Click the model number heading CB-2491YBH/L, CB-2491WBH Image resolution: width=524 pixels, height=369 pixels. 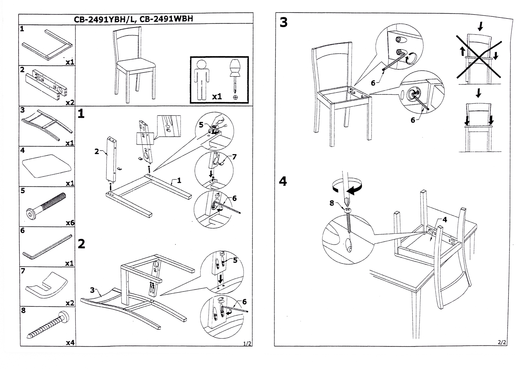click(133, 19)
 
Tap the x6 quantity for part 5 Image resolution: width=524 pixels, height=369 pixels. click(70, 223)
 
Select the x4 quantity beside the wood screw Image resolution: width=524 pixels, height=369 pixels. click(70, 342)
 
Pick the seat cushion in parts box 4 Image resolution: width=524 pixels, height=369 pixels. click(46, 166)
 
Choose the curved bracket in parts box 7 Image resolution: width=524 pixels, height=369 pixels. click(45, 286)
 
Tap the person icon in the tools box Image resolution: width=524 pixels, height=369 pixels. click(202, 80)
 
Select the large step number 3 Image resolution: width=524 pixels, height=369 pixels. click(284, 22)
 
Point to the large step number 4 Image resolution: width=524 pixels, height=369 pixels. click(283, 181)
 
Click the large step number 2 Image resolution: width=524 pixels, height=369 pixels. click(81, 244)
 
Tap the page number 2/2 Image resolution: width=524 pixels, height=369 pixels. click(502, 342)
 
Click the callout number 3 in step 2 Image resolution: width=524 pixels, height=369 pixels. click(92, 290)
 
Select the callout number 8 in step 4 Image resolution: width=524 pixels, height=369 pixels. click(332, 203)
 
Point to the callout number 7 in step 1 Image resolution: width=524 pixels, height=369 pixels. click(234, 157)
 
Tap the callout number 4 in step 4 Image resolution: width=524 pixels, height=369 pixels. click(444, 220)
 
